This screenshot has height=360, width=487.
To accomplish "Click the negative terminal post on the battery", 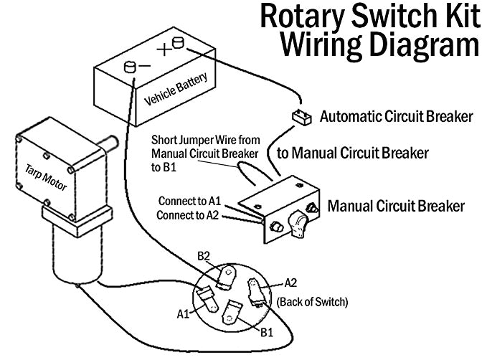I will click(130, 67).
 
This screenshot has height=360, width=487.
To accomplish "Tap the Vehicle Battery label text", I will click(169, 87).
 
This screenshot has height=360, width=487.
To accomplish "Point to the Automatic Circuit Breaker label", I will click(396, 115).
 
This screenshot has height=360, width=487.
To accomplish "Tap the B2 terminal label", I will click(205, 256).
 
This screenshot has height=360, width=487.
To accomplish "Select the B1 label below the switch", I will click(266, 331).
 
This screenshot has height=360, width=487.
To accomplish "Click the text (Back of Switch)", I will click(312, 302).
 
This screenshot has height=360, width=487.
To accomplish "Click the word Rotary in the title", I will click(301, 16).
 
